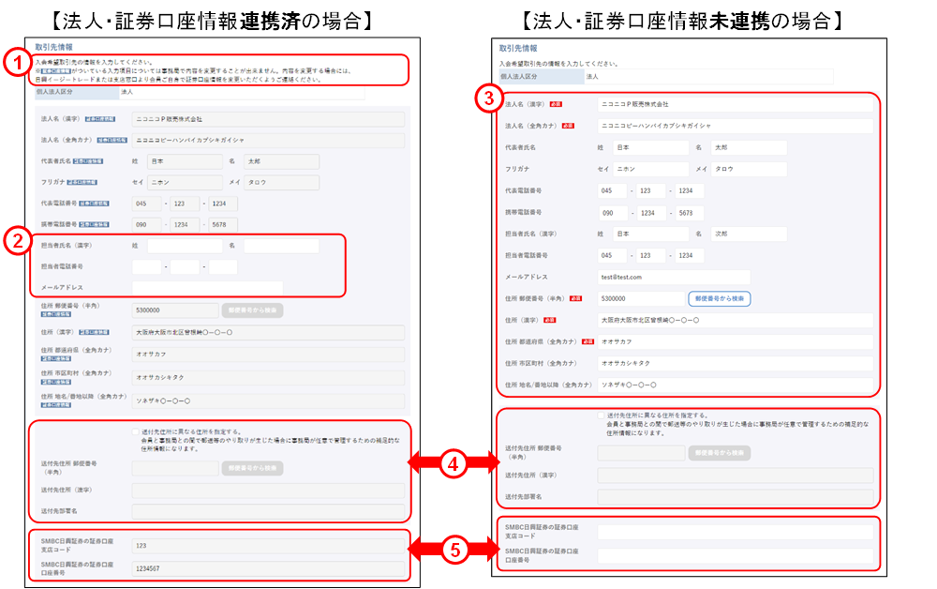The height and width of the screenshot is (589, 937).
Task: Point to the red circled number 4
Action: click(454, 461)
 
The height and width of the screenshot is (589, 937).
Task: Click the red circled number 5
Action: click(454, 550)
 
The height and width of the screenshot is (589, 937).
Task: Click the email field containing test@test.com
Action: click(674, 277)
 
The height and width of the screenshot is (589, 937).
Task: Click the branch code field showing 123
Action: click(267, 545)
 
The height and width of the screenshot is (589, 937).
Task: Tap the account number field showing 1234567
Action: click(267, 568)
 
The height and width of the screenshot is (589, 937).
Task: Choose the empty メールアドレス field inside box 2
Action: click(206, 288)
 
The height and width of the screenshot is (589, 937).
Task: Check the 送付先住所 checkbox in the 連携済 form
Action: click(135, 432)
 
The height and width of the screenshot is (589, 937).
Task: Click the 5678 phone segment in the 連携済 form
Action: click(223, 225)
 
